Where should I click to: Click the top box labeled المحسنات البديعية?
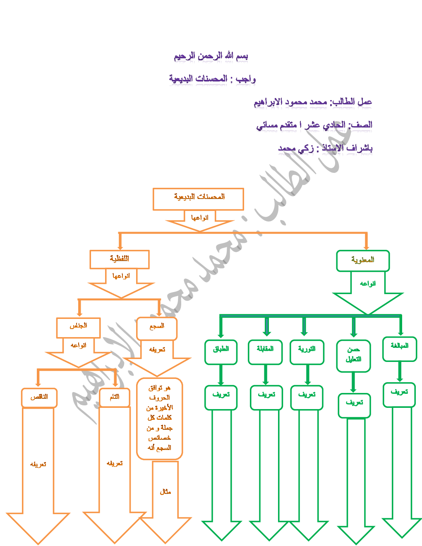198,199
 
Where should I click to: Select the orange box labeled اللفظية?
120,259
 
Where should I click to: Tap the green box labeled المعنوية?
363,261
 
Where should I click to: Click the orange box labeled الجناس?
78,327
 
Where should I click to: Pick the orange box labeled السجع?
157,328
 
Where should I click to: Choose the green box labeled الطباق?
221,352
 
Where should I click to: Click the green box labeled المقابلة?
265,352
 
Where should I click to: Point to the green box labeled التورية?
307,352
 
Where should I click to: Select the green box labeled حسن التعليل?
353,356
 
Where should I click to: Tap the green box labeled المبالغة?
400,349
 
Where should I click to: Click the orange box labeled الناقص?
39,398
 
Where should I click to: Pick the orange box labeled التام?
115,398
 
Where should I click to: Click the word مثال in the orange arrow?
165,492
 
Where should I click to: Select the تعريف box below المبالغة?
399,395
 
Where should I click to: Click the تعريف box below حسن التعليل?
355,405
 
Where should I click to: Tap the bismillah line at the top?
211,56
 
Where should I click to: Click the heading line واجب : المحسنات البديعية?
212,79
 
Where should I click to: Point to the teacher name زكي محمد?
296,148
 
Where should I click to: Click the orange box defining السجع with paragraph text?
159,418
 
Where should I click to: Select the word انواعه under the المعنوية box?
368,284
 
